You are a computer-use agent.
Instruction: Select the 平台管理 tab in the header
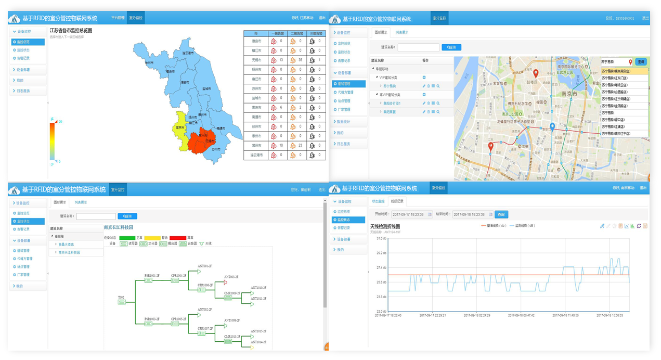pos(118,18)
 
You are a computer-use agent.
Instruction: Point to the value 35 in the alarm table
pos(301,60)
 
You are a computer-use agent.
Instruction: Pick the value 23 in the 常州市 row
pos(301,145)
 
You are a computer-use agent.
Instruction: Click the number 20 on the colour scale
pos(61,121)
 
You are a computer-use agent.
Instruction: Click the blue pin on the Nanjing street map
pos(552,127)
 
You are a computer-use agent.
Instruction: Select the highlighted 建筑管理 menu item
pos(344,84)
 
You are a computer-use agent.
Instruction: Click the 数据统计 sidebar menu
pos(343,121)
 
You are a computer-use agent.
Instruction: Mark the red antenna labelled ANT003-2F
pos(226,282)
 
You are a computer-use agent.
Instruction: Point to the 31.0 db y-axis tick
pos(381,238)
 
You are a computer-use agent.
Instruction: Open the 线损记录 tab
pos(397,201)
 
